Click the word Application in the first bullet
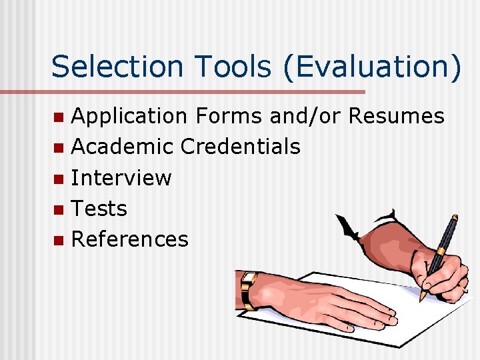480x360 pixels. [x=129, y=116]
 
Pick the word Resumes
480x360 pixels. [x=396, y=116]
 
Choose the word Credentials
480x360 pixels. [x=241, y=147]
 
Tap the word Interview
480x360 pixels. [x=121, y=178]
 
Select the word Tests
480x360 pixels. [x=99, y=209]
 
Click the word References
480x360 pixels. [x=129, y=239]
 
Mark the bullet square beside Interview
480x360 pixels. [x=59, y=179]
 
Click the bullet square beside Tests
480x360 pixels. [x=59, y=209]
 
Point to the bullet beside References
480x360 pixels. [x=59, y=240]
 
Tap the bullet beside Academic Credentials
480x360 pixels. [x=59, y=147]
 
